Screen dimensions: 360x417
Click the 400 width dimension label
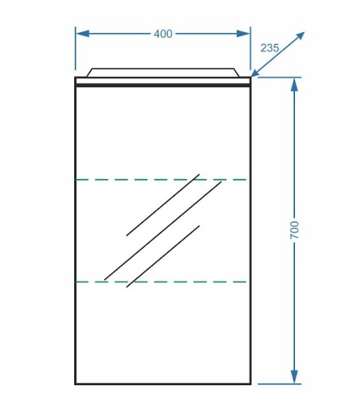[x=163, y=34]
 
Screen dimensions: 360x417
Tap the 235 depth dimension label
[x=269, y=48]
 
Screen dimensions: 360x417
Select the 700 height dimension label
[x=294, y=230]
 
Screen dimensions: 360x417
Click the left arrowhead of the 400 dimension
[x=82, y=34]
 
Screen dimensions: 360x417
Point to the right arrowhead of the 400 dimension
[x=243, y=34]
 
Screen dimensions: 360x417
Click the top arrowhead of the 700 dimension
[x=294, y=84]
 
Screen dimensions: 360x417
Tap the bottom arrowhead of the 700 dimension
[x=294, y=377]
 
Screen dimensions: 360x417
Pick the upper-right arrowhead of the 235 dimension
[x=299, y=36]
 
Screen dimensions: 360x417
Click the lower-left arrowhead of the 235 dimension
[x=256, y=73]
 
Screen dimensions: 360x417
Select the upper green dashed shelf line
[x=161, y=180]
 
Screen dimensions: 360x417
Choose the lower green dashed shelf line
[x=161, y=282]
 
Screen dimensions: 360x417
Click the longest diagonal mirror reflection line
[x=163, y=231]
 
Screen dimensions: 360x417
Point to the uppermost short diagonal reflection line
[x=163, y=205]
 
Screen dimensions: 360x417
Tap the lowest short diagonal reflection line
[x=163, y=256]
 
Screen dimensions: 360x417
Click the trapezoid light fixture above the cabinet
[x=163, y=73]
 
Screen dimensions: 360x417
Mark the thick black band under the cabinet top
[x=163, y=86]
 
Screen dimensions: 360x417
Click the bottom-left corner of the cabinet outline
[x=76, y=384]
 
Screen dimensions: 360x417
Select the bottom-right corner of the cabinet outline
[x=250, y=384]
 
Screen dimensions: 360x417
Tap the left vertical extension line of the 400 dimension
[x=76, y=48]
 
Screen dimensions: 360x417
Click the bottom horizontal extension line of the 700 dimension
[x=279, y=384]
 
